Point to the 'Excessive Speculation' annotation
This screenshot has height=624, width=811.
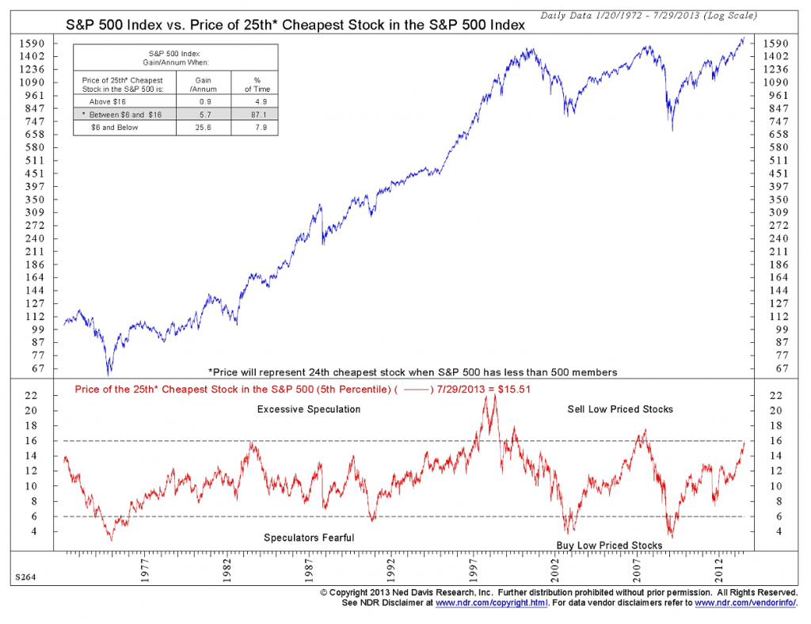click(309, 409)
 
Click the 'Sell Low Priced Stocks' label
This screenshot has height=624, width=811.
click(620, 409)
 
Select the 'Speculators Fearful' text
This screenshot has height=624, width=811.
click(309, 538)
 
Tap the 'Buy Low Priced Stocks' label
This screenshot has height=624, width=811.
click(609, 546)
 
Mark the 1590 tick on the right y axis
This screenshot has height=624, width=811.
click(774, 43)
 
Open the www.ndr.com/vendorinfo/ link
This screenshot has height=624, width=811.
click(744, 603)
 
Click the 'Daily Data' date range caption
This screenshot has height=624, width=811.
click(649, 16)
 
